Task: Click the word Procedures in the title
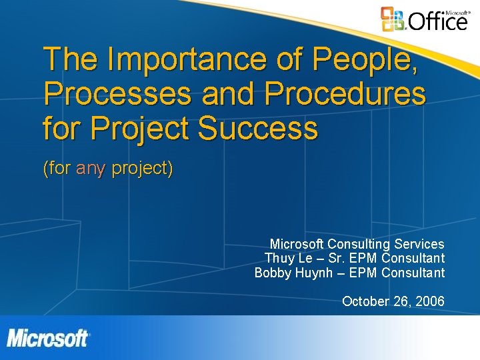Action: click(x=345, y=94)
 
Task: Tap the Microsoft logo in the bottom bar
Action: click(x=48, y=338)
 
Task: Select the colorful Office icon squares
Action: click(x=393, y=19)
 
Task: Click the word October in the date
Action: click(x=365, y=301)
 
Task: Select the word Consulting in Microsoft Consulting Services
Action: click(x=361, y=244)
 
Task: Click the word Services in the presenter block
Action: click(x=420, y=244)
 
